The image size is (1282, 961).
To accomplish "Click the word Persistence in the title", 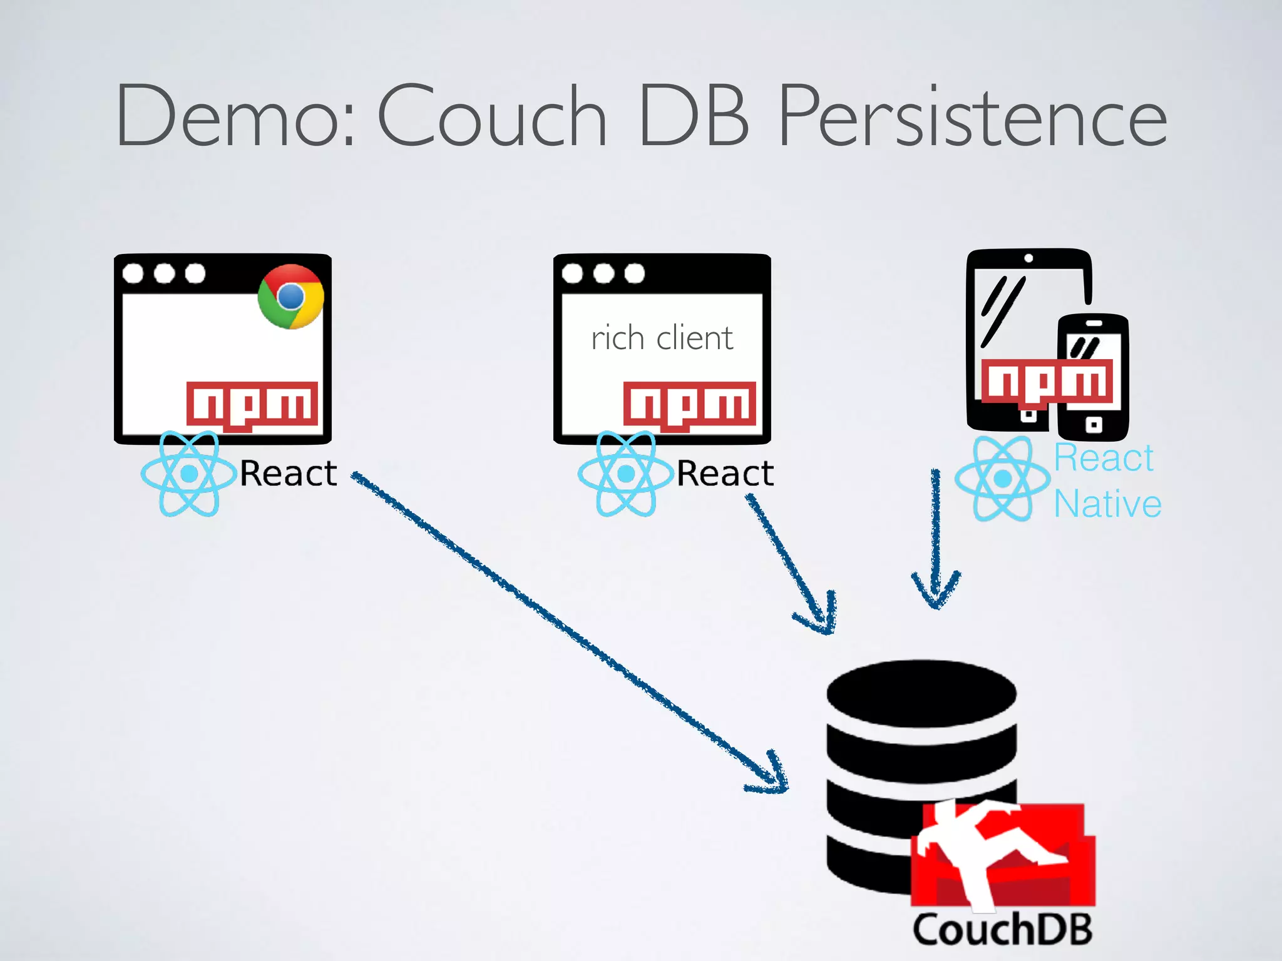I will (972, 116).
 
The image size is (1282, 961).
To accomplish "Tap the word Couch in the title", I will (492, 116).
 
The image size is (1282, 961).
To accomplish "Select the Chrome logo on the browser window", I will (290, 297).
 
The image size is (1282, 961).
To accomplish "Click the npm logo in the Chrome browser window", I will (252, 405).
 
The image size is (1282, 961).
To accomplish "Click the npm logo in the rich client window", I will (689, 405).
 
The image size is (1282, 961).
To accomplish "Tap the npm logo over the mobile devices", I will (1047, 381).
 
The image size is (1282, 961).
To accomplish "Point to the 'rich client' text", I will (662, 338).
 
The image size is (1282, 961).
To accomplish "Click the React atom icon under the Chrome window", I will (188, 474).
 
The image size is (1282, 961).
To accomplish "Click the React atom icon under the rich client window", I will (625, 474).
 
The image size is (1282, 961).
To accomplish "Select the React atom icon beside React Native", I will (1002, 479).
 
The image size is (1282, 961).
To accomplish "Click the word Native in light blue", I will (1107, 504).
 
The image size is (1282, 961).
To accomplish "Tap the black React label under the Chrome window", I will (289, 473).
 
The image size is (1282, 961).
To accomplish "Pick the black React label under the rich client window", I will (726, 473).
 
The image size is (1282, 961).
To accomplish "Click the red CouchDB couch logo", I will (1002, 855).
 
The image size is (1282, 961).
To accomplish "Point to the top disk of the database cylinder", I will (921, 693).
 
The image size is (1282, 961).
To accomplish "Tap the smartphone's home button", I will (1094, 425).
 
